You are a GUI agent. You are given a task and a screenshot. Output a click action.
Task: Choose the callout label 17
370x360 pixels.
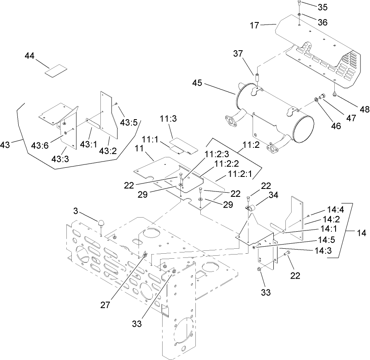pyautogui.click(x=254, y=26)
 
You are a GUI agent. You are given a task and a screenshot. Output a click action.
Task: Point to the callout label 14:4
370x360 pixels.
pyautogui.click(x=329, y=210)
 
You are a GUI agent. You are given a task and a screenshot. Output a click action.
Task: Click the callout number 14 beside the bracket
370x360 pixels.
pyautogui.click(x=359, y=233)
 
